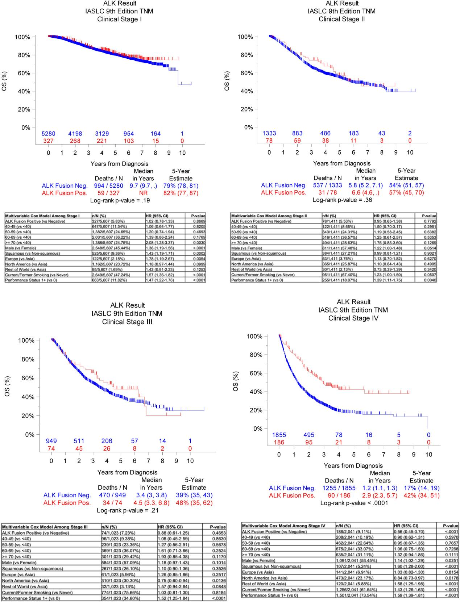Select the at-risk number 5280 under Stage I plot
pos(48,134)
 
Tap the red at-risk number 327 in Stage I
pos(48,141)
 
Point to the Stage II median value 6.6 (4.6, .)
pos(366,192)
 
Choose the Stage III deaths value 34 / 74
pos(112,503)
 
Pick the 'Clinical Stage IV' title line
pos(353,318)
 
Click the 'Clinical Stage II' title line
pos(341,19)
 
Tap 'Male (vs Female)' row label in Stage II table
pos(246,248)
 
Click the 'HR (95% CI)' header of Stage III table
pos(170,527)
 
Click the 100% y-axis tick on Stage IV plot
pos(254,336)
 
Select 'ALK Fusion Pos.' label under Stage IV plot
pos(292,496)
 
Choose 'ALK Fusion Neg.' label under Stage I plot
pos(65,186)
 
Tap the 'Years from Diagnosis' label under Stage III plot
pos(127,472)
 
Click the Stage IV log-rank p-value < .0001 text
pos(354,503)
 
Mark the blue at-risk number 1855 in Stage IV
pos(279,435)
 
